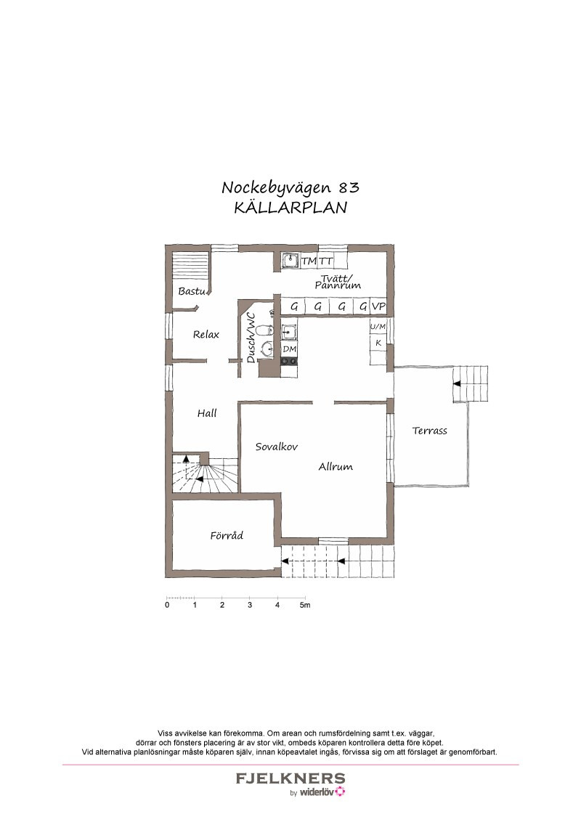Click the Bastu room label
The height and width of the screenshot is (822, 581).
(192, 291)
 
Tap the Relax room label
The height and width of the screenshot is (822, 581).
(206, 335)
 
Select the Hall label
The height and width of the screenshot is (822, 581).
(207, 413)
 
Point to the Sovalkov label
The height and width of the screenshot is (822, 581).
(277, 447)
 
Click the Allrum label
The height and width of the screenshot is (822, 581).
(336, 467)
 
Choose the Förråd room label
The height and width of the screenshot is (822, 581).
(227, 535)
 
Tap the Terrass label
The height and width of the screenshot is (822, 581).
(429, 431)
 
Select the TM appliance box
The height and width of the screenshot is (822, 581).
(309, 261)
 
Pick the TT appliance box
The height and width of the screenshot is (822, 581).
(326, 261)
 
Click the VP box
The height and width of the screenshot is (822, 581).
(378, 306)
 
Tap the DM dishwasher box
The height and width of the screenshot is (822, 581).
(290, 349)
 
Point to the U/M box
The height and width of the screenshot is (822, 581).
(378, 327)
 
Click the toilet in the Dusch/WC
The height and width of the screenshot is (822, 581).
(267, 330)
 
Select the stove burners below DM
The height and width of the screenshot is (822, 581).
(290, 361)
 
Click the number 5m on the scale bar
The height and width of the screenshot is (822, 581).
(305, 605)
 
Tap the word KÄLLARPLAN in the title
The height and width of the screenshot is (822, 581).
(290, 208)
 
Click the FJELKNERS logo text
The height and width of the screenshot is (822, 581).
(290, 778)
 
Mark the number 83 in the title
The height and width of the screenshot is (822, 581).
(349, 187)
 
